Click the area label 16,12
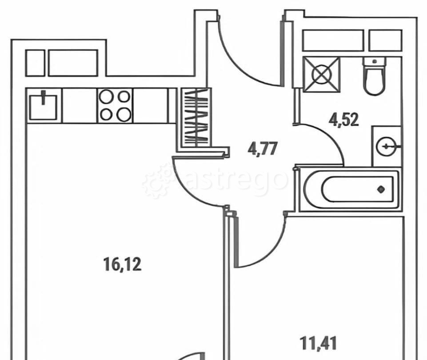(123, 265)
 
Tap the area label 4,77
(263, 149)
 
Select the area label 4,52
(343, 120)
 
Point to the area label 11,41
(318, 343)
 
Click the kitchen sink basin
(43, 107)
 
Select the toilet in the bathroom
(375, 76)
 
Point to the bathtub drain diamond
(381, 189)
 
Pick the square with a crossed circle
(321, 74)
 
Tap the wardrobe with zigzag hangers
(196, 117)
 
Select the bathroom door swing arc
(330, 136)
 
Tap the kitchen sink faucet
(43, 98)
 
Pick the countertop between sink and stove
(80, 105)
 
